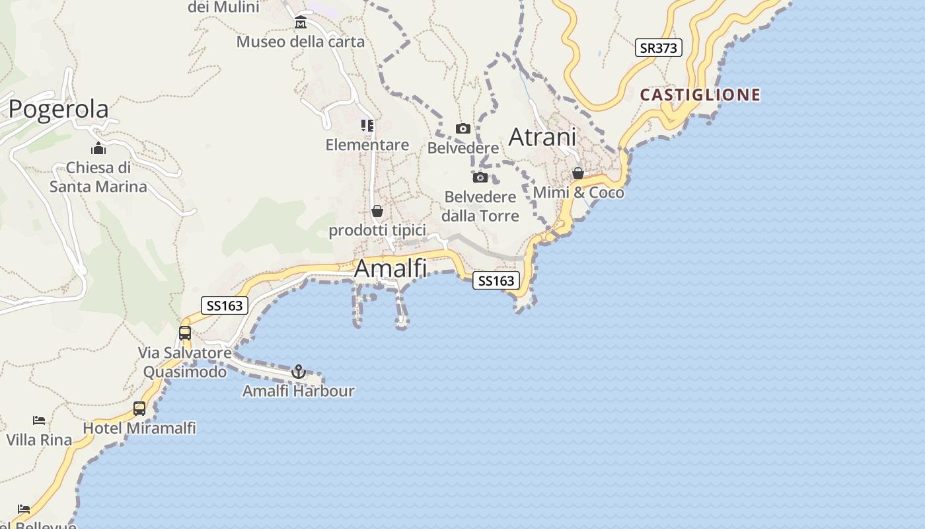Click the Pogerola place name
[x=58, y=109]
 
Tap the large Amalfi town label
[x=390, y=268]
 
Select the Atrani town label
[x=542, y=138]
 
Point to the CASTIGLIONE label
[x=700, y=95]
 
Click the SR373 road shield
[x=659, y=48]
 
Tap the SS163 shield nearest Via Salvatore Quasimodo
[x=225, y=305]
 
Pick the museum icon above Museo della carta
[x=301, y=23]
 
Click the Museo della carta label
[x=301, y=42]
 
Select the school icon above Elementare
[x=367, y=126]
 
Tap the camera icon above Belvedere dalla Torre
[x=480, y=177]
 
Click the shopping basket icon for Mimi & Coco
[x=578, y=173]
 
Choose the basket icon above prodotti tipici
[x=377, y=211]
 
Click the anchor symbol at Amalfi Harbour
[x=299, y=372]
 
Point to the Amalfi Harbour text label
[x=299, y=391]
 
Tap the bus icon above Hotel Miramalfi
[x=139, y=409]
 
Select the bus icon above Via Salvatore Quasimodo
[x=185, y=333]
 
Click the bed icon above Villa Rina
[x=39, y=421]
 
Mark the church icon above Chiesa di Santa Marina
[x=98, y=148]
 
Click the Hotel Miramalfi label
[x=139, y=428]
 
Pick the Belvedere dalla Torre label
[x=480, y=206]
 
